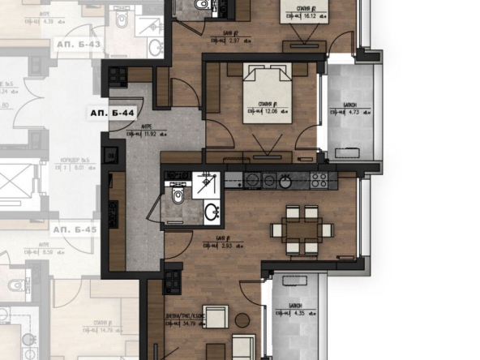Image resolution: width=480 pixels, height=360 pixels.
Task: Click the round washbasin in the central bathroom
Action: click(x=212, y=212)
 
